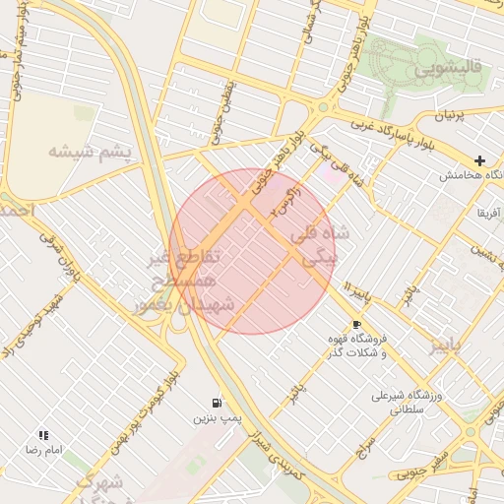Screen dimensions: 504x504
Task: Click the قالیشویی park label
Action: click(448, 70)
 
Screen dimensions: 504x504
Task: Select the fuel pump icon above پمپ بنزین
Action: click(216, 403)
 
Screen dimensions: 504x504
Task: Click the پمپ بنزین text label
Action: click(216, 419)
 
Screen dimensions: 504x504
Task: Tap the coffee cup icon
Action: click(355, 324)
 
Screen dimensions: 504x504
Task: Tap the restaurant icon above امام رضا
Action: click(43, 434)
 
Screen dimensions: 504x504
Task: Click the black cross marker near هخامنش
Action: click(479, 160)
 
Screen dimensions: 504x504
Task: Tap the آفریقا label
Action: click(488, 213)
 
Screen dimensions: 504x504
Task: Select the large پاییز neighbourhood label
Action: click(444, 345)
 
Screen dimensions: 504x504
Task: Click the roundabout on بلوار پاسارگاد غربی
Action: click(323, 107)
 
